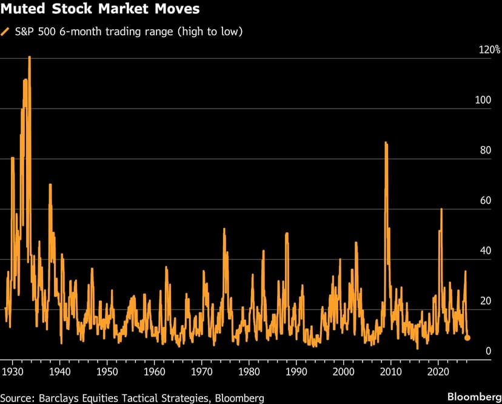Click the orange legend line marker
tap(6, 32)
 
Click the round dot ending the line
tap(467, 338)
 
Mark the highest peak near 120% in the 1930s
tap(29, 57)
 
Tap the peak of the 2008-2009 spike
tap(386, 143)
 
